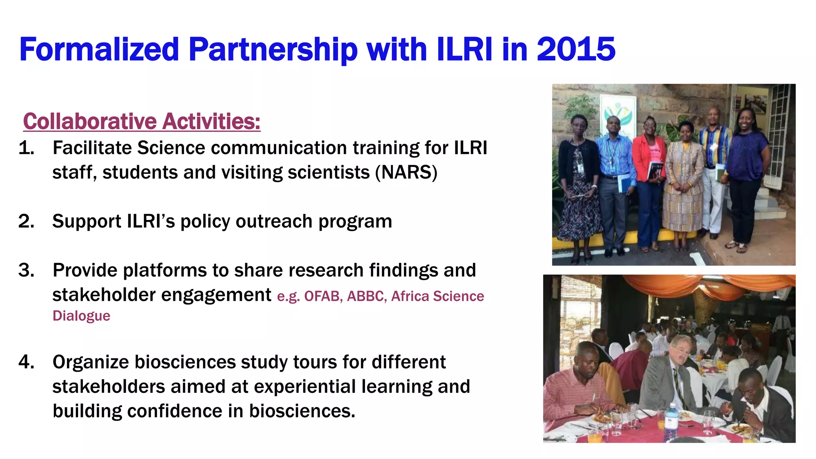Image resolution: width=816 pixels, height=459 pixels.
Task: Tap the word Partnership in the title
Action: pyautogui.click(x=273, y=49)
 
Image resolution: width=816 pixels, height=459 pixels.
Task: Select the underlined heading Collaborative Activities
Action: pyautogui.click(x=141, y=121)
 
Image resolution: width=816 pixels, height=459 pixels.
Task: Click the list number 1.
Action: pyautogui.click(x=26, y=148)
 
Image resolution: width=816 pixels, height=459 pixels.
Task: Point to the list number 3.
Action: pyautogui.click(x=26, y=271)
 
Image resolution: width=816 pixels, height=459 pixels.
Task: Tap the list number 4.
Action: pyautogui.click(x=26, y=362)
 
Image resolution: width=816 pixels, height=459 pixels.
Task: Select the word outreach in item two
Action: pyautogui.click(x=274, y=222)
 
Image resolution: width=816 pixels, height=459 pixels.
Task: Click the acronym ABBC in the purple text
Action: pyautogui.click(x=366, y=296)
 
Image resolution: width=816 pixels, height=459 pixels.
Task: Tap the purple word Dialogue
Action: pyautogui.click(x=81, y=316)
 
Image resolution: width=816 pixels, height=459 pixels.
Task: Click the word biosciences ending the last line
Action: pyautogui.click(x=302, y=411)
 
